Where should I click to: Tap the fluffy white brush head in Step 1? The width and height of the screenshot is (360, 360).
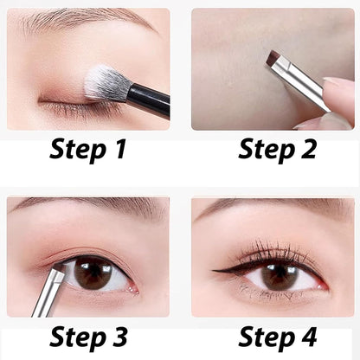(105, 83)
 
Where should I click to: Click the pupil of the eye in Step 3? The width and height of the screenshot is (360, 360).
(93, 273)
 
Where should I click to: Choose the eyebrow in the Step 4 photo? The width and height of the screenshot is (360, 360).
(268, 208)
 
